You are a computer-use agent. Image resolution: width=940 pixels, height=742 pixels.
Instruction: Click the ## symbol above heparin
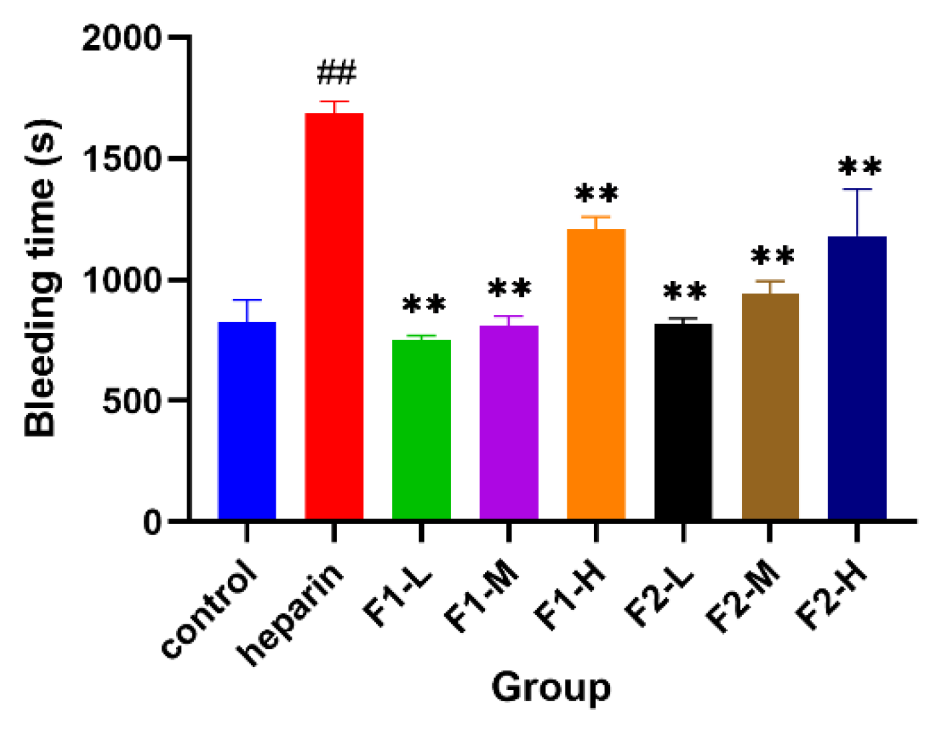pyautogui.click(x=336, y=72)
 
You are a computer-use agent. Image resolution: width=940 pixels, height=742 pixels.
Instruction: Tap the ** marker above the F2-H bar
pyautogui.click(x=860, y=167)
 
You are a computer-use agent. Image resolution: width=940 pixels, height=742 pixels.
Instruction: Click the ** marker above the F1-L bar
pyautogui.click(x=424, y=305)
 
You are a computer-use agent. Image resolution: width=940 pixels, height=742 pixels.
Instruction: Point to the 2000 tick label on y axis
pyautogui.click(x=122, y=38)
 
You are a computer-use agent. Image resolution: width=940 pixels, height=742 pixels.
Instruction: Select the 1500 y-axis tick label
pyautogui.click(x=122, y=159)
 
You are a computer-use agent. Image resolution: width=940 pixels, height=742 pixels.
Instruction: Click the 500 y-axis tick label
pyautogui.click(x=132, y=401)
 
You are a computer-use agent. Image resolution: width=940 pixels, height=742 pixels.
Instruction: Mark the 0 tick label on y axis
pyautogui.click(x=152, y=523)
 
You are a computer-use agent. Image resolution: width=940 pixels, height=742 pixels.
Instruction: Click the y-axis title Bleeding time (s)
pyautogui.click(x=41, y=279)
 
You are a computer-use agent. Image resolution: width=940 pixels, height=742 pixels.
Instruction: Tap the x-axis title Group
pyautogui.click(x=551, y=688)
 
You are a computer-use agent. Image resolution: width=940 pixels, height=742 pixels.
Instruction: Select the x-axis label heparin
pyautogui.click(x=292, y=614)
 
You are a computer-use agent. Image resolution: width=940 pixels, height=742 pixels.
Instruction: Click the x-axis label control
pyautogui.click(x=209, y=610)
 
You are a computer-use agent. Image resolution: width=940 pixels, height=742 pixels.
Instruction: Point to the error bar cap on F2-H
pyautogui.click(x=857, y=189)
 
